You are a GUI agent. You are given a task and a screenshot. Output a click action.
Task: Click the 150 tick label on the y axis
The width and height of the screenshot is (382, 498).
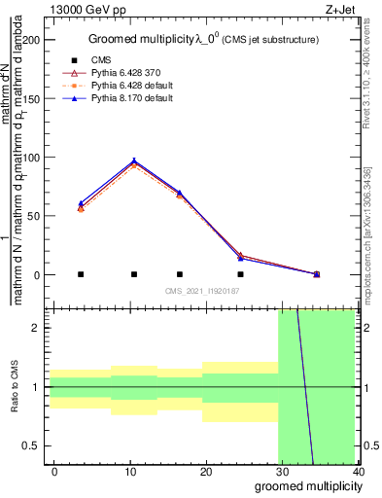30,98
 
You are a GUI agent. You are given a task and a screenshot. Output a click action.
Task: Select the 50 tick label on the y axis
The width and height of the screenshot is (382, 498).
33,216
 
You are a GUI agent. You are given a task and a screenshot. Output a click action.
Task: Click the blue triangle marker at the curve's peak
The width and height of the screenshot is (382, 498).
134,160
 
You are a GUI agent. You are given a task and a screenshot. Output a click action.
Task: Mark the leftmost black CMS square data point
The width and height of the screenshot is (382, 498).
81,274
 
